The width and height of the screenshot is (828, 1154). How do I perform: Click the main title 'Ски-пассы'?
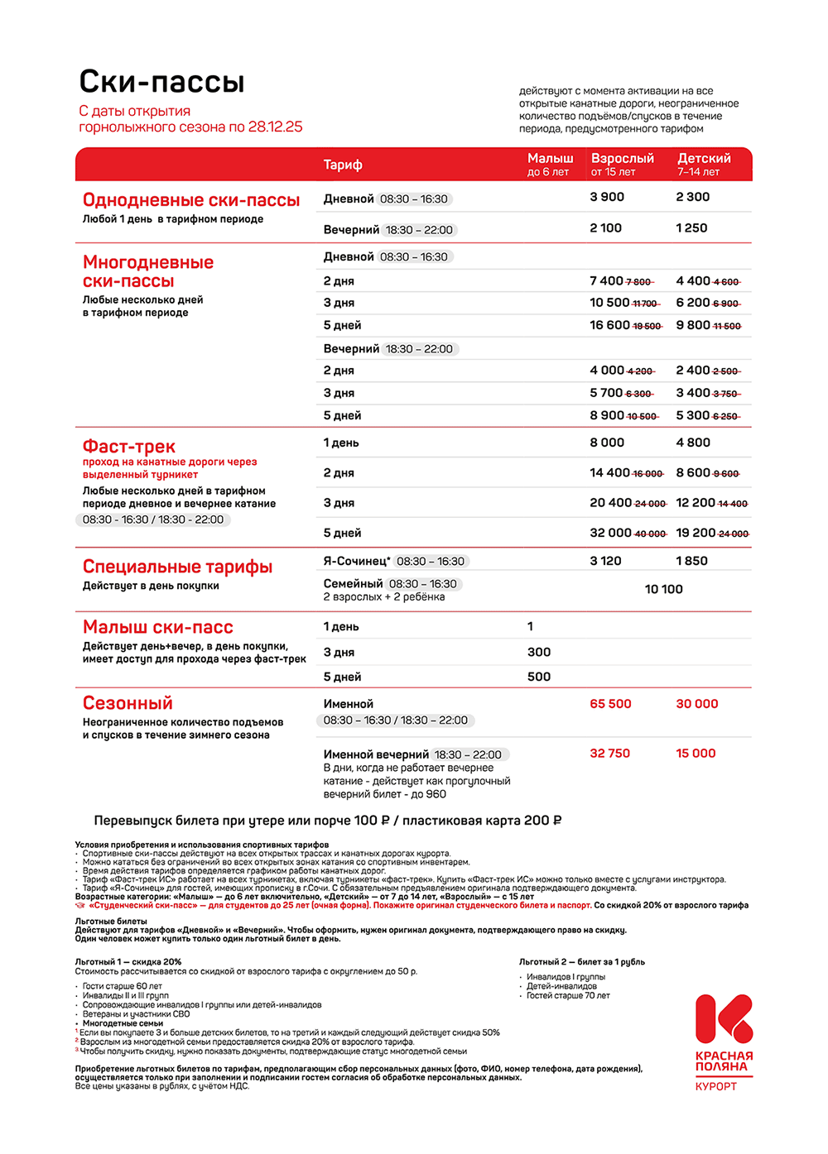[161, 82]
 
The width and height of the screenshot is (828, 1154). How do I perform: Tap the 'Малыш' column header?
[550, 159]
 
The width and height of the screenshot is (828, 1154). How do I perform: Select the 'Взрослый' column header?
[622, 159]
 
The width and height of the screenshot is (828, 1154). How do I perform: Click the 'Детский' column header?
[704, 159]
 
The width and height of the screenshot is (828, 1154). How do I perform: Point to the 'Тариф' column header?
[343, 165]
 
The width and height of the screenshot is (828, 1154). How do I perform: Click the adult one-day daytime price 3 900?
[607, 197]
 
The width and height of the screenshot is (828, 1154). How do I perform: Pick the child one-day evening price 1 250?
[691, 228]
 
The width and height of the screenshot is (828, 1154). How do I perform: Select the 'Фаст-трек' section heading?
[128, 447]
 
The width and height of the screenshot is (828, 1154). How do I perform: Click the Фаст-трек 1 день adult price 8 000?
[607, 443]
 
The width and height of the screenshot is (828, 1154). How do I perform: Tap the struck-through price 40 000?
[651, 534]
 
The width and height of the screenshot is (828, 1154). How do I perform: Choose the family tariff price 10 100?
[663, 589]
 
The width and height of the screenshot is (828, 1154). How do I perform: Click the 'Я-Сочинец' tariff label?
[356, 561]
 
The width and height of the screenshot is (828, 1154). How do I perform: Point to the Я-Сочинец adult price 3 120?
[605, 561]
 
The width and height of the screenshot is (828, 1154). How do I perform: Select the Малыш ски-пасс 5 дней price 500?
[539, 677]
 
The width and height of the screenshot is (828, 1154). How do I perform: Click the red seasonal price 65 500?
[610, 704]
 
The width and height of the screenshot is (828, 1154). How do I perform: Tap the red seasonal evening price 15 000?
[696, 754]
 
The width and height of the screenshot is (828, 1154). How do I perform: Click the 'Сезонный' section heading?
[128, 703]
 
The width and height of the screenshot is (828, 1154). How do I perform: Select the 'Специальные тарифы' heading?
[177, 567]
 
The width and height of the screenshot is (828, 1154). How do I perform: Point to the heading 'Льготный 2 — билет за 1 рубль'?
[581, 962]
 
